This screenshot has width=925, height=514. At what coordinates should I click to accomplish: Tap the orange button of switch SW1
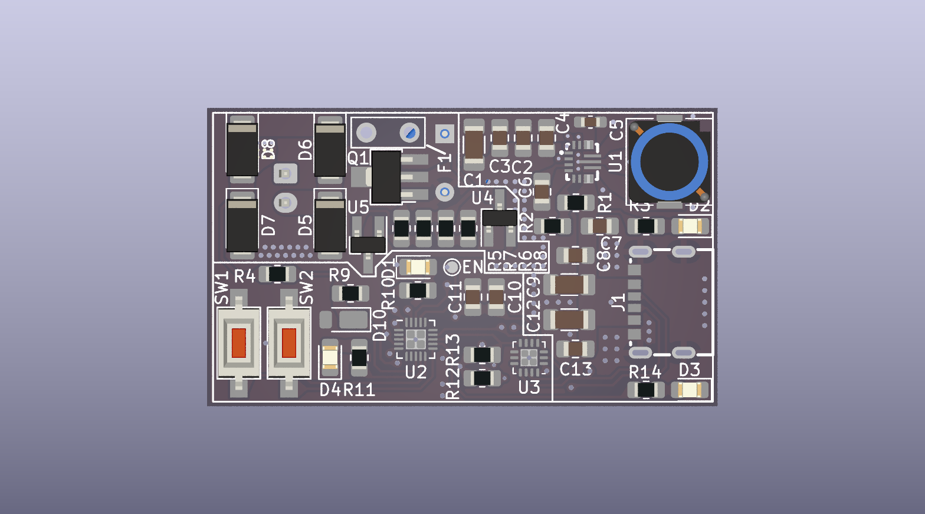(238, 343)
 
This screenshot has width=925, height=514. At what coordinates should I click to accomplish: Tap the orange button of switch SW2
(288, 343)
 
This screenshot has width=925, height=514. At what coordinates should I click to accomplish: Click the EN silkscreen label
(473, 268)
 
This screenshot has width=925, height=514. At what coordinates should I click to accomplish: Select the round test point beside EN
(452, 268)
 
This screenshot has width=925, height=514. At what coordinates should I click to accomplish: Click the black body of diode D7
(242, 226)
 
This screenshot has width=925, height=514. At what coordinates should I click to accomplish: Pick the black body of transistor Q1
(386, 177)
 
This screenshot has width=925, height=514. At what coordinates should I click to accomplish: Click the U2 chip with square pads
(415, 339)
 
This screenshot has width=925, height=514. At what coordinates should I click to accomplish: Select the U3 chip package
(528, 357)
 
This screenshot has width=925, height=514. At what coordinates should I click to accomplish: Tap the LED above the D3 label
(690, 390)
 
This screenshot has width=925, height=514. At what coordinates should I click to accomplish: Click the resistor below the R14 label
(646, 390)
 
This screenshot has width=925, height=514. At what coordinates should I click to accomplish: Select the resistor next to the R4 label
(277, 274)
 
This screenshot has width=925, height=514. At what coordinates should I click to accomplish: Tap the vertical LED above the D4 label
(330, 358)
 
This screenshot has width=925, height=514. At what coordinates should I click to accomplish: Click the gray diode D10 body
(352, 320)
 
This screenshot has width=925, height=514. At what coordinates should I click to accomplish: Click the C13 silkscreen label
(575, 370)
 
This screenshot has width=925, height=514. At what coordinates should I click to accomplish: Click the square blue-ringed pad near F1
(445, 134)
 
